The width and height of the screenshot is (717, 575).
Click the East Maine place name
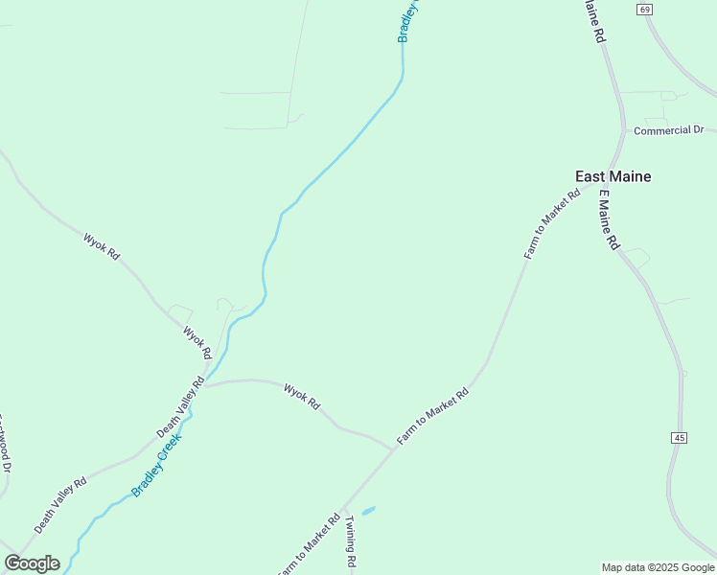pyautogui.click(x=613, y=176)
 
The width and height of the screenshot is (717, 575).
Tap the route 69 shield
pyautogui.click(x=643, y=9)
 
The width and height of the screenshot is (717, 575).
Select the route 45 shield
pyautogui.click(x=680, y=437)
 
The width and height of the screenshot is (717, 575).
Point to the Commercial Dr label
pyautogui.click(x=669, y=130)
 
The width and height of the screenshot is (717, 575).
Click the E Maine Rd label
pyautogui.click(x=608, y=219)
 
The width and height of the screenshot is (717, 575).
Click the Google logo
pyautogui.click(x=32, y=563)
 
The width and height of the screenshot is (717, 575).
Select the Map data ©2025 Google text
pyautogui.click(x=658, y=567)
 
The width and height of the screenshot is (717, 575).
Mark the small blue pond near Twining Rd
pyautogui.click(x=368, y=511)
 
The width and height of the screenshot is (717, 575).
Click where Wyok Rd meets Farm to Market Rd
pyautogui.click(x=393, y=448)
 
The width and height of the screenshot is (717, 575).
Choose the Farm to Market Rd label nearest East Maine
pyautogui.click(x=553, y=224)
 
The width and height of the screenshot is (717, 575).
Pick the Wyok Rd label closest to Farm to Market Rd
pyautogui.click(x=301, y=396)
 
